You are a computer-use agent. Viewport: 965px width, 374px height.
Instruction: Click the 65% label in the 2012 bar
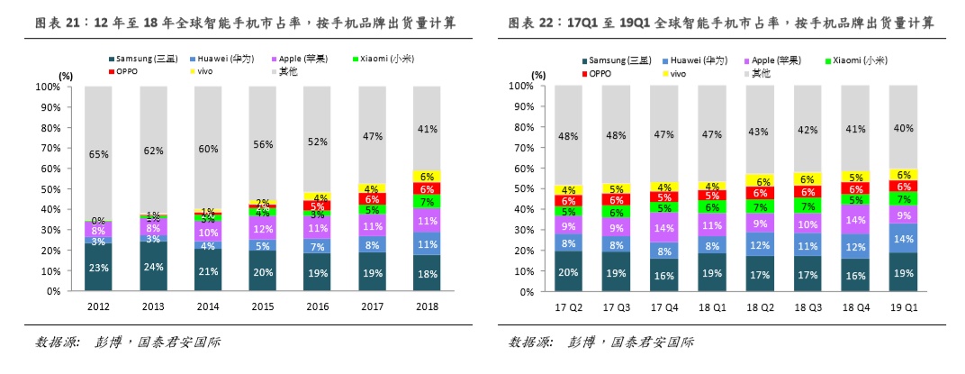pyautogui.click(x=98, y=155)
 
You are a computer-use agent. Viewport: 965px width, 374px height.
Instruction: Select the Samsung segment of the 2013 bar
pyautogui.click(x=153, y=266)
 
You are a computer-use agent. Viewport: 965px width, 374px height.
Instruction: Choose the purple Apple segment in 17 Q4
pyautogui.click(x=664, y=228)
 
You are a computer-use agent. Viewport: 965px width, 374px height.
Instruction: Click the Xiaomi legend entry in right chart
pyautogui.click(x=856, y=59)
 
